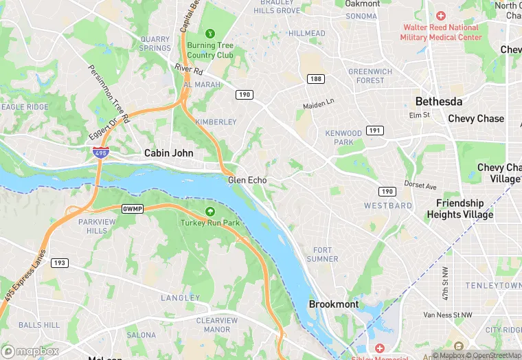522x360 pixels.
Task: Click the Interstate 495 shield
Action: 100,153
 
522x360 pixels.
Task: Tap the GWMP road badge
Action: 132,208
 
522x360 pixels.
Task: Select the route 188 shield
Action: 315,79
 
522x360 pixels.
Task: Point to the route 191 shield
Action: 374,130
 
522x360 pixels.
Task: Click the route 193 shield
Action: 60,262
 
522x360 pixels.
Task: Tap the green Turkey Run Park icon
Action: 210,211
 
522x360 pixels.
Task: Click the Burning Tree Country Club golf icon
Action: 210,33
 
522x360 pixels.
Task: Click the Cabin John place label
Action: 168,153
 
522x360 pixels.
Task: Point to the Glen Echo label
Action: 247,180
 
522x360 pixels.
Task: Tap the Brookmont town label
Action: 333,304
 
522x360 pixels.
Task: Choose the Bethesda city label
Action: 438,101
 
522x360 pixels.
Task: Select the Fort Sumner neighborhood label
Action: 326,254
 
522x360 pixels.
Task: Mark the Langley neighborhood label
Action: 180,297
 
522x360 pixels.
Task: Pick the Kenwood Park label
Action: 343,137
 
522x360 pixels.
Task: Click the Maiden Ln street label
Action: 318,104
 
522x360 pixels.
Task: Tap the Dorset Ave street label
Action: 421,186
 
